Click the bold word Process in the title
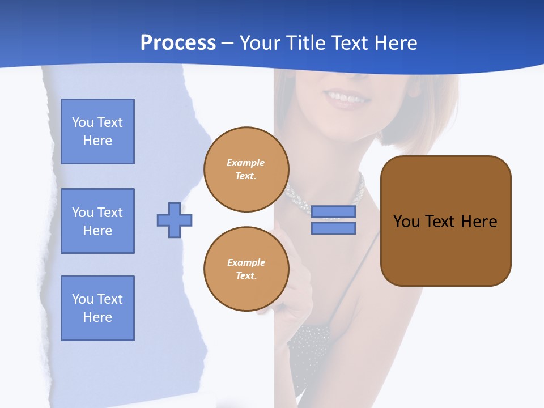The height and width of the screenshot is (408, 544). [x=178, y=43]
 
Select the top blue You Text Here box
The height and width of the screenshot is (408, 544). [x=97, y=131]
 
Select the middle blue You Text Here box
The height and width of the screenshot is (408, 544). [x=97, y=221]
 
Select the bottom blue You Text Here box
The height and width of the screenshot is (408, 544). [x=97, y=308]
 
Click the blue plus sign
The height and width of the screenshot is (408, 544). [x=175, y=220]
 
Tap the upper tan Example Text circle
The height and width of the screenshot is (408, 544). [x=246, y=169]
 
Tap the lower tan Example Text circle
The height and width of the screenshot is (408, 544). [x=246, y=269]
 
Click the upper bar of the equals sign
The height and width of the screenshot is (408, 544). [x=333, y=211]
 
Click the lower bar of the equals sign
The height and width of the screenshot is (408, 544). [x=333, y=228]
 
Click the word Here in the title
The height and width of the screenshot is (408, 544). [x=396, y=43]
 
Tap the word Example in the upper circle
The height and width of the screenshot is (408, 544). [x=246, y=163]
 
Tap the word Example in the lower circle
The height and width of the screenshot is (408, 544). [x=246, y=262]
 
